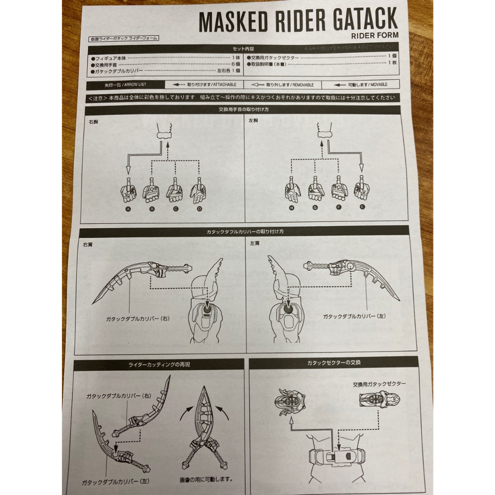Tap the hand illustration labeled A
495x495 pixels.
[x=128, y=191]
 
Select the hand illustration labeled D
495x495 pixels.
[x=198, y=190]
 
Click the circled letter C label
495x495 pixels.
[x=175, y=209]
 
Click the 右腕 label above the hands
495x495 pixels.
[x=93, y=122]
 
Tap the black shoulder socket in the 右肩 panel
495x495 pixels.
[x=207, y=307]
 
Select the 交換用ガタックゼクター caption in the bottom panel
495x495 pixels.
[x=379, y=383]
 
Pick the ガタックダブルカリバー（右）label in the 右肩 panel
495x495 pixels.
[x=138, y=319]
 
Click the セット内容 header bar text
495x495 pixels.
[x=243, y=49]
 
